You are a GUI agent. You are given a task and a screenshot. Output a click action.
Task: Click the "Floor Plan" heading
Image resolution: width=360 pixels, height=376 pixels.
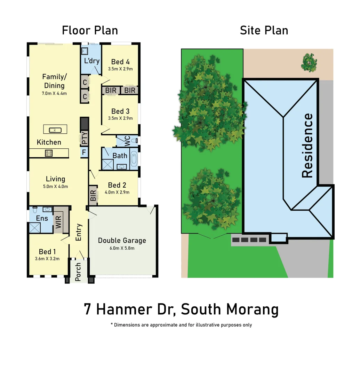90,30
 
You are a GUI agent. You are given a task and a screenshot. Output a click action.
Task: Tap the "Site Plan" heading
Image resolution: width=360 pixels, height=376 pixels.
264,30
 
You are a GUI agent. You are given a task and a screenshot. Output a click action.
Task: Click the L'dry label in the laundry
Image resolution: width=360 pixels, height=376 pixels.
92,61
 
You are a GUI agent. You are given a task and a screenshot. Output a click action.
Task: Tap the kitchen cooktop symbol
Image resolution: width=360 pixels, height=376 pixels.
48,152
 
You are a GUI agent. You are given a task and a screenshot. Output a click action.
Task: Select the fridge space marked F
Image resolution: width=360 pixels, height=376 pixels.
84,152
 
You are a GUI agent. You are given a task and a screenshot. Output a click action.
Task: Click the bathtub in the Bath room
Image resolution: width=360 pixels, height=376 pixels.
134,159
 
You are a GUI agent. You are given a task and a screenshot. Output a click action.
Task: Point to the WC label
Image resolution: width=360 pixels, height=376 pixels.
127,141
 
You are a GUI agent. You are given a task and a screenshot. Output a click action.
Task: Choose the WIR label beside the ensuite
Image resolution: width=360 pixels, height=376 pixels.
58,222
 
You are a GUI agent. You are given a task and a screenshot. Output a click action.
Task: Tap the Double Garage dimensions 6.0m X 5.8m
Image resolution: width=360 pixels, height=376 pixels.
122,248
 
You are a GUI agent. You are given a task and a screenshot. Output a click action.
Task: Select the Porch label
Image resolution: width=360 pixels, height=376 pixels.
78,272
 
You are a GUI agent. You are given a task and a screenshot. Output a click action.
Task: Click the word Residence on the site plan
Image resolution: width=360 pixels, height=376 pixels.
307,146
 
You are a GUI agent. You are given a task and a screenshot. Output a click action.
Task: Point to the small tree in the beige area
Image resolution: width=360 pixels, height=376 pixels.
308,61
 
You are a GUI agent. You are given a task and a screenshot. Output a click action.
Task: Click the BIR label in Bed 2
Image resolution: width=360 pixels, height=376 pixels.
93,196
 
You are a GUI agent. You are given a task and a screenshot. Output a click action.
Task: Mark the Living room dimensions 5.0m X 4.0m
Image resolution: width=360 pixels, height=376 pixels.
56,187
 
